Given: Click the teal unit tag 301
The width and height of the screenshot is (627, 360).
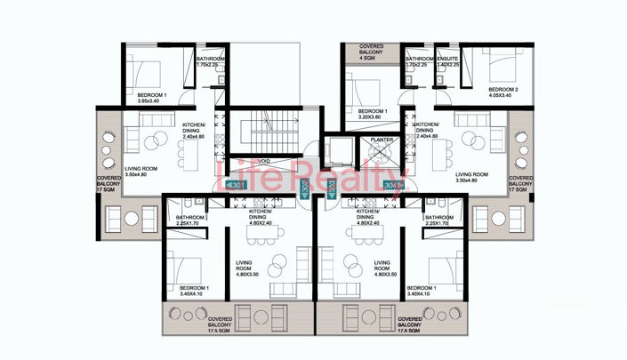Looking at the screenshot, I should pyautogui.click(x=237, y=185).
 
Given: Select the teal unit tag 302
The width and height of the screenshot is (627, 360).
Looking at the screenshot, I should pyautogui.click(x=305, y=188).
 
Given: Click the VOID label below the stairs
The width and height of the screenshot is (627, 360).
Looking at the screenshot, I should pyautogui.click(x=264, y=161).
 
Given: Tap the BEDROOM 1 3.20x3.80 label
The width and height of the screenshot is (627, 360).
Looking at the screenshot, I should pyautogui.click(x=363, y=113).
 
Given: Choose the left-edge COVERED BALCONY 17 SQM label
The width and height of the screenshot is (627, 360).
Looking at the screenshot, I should pyautogui.click(x=108, y=184).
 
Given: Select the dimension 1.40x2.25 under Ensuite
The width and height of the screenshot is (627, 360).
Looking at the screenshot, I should pyautogui.click(x=447, y=65).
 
